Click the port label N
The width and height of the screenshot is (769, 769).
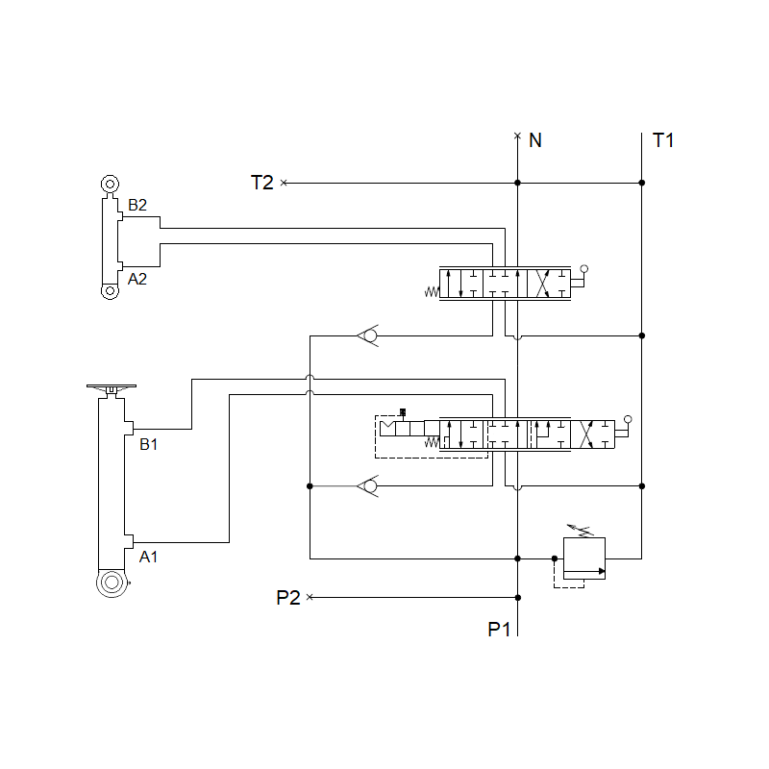tap(535, 140)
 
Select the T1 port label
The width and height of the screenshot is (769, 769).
tap(663, 140)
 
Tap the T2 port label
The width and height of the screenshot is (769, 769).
tap(262, 182)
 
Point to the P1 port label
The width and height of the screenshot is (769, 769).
tap(499, 630)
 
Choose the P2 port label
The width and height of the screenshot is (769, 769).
tap(288, 597)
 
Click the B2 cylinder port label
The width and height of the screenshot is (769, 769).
tap(137, 205)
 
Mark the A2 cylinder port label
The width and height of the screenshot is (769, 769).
tap(137, 279)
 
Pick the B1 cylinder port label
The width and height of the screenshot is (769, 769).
tap(148, 444)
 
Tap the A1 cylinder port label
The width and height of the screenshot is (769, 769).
tap(148, 557)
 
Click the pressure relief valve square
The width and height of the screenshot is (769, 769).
tap(583, 558)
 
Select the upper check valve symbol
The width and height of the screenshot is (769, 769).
tap(367, 335)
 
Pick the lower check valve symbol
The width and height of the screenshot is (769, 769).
tap(367, 486)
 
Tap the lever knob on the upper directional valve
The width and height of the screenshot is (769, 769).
tap(583, 269)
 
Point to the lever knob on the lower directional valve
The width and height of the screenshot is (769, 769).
tap(628, 419)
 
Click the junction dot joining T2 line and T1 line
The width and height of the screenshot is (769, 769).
tap(641, 183)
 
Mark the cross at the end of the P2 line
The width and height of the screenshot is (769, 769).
tap(310, 597)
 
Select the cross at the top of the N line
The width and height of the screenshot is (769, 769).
tap(517, 136)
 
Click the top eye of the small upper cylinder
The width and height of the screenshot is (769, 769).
tap(109, 184)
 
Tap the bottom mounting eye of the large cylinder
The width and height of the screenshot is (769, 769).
tap(112, 583)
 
